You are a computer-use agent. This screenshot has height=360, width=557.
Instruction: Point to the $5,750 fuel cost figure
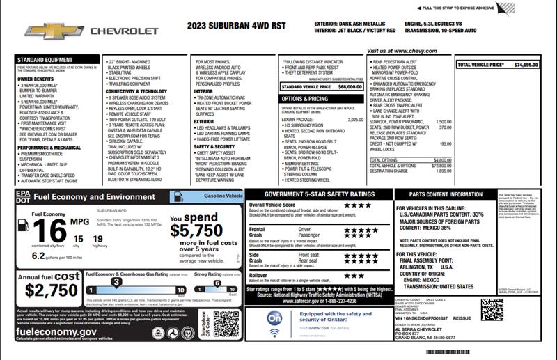point(196,230)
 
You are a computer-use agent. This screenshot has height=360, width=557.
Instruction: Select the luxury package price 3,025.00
point(355,120)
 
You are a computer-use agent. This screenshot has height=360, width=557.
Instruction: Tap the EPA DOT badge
point(22,196)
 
